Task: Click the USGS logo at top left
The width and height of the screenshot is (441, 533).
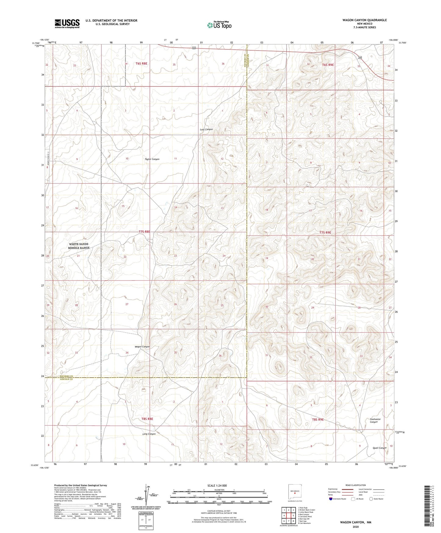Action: click(x=67, y=23)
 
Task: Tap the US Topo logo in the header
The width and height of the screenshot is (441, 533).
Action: click(x=219, y=25)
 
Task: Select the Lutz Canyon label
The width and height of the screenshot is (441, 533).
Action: click(x=206, y=129)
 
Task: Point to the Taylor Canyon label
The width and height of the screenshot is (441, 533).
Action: click(x=152, y=159)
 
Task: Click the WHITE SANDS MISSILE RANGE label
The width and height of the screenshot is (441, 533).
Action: click(x=79, y=246)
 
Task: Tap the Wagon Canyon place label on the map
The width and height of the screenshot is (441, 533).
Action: click(x=142, y=347)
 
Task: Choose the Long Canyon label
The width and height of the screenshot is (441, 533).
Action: click(x=149, y=434)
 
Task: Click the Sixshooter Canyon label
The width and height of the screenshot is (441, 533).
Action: click(x=374, y=421)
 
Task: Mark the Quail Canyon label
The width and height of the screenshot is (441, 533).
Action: click(x=379, y=448)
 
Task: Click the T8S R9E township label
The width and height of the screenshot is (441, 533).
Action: click(x=318, y=419)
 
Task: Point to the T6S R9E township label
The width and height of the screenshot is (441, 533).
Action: click(x=328, y=65)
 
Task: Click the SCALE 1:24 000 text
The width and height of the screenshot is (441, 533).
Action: click(x=219, y=485)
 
